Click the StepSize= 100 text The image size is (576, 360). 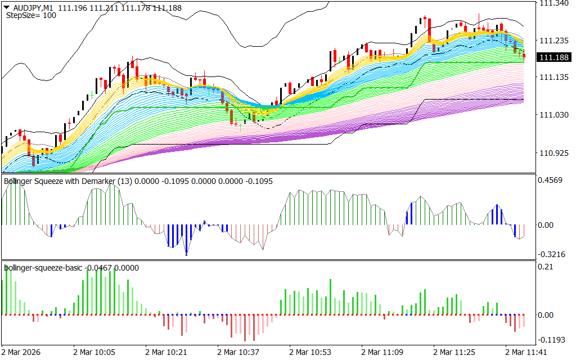[x=31, y=15]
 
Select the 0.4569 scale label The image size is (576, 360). [x=551, y=181]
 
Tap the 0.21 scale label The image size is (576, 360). [x=546, y=267]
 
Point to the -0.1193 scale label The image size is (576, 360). [x=551, y=340]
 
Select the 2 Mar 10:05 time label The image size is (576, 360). [x=94, y=353]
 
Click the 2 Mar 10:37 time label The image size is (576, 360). [x=238, y=353]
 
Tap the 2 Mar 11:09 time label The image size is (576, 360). [x=382, y=353]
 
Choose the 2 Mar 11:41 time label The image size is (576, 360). [x=526, y=353]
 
